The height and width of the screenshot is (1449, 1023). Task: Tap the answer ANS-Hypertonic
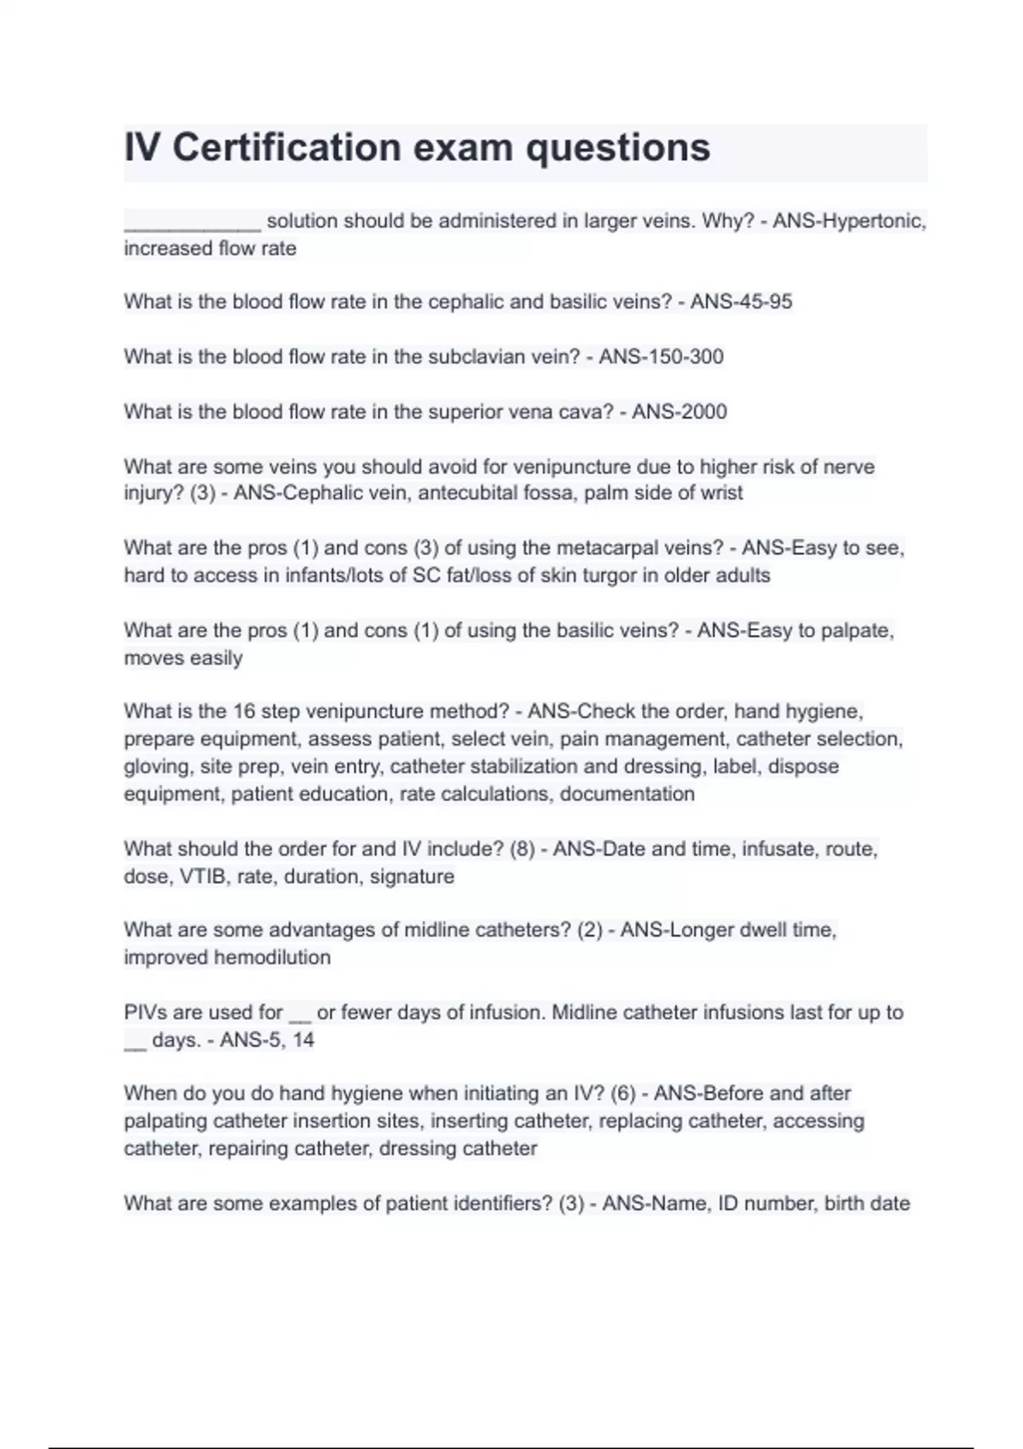(849, 222)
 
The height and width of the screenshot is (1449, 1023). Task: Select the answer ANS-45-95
(741, 302)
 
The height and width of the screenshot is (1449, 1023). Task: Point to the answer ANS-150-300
(661, 356)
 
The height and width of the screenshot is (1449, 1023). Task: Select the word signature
(412, 876)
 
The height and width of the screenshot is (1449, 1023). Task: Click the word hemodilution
(272, 957)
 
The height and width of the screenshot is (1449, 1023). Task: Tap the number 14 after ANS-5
(303, 1040)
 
